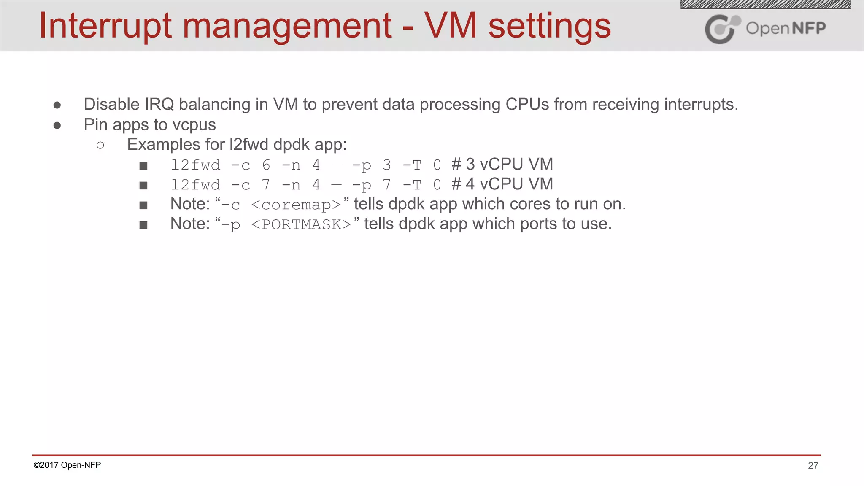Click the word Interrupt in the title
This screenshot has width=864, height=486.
coord(105,26)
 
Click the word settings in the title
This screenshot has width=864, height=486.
coord(549,26)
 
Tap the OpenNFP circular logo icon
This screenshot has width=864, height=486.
coord(722,29)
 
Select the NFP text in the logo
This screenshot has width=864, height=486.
coord(808,28)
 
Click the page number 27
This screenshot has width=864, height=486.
coord(813,466)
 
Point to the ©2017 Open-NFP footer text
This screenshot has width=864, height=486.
coord(67,465)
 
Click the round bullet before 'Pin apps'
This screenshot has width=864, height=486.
coord(57,125)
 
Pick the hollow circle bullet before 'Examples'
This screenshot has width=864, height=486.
coord(100,146)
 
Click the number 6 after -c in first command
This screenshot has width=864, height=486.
coord(266,165)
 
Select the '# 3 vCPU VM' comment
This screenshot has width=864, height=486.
coord(502,164)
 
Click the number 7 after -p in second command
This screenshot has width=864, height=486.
coord(386,185)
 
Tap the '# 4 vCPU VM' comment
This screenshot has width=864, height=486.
coord(502,184)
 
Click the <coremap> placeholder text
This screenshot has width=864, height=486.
coord(296,205)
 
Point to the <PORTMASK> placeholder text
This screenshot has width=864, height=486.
coord(301,225)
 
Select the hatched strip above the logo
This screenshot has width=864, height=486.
coord(765,5)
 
